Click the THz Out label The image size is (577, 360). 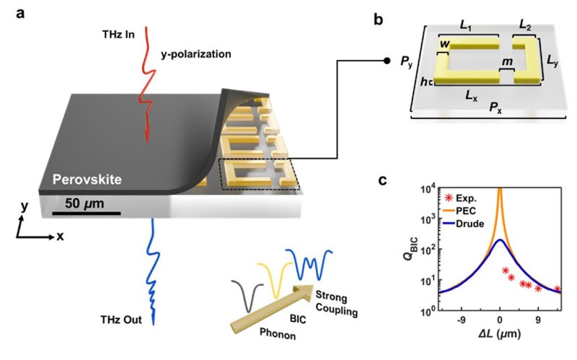tap(120, 319)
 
